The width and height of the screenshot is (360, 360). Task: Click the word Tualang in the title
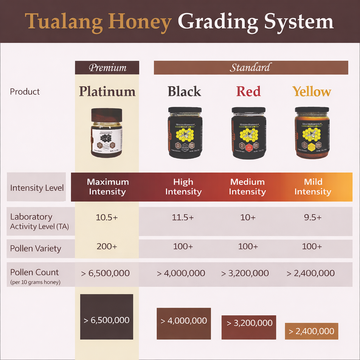pyautogui.click(x=64, y=22)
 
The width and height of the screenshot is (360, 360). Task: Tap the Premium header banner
pyautogui.click(x=107, y=67)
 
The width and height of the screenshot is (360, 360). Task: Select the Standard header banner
pyautogui.click(x=251, y=67)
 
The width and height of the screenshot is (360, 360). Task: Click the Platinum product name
pyautogui.click(x=107, y=91)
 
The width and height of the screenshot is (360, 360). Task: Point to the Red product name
pyautogui.click(x=248, y=91)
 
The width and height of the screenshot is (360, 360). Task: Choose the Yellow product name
pyautogui.click(x=312, y=91)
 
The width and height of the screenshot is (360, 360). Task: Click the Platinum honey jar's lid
pyautogui.click(x=107, y=115)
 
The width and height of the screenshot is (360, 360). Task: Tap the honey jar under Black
pyautogui.click(x=185, y=133)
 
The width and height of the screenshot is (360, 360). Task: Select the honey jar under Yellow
pyautogui.click(x=312, y=133)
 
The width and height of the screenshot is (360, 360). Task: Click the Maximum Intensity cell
pyautogui.click(x=108, y=187)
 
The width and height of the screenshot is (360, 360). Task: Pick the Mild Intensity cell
pyautogui.click(x=313, y=187)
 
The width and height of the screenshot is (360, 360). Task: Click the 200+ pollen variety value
pyautogui.click(x=107, y=246)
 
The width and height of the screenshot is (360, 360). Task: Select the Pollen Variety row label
pyautogui.click(x=36, y=249)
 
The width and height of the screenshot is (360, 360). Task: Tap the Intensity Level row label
pyautogui.click(x=37, y=188)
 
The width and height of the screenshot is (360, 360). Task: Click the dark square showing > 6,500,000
pyautogui.click(x=107, y=317)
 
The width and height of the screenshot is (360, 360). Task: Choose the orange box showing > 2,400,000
pyautogui.click(x=311, y=331)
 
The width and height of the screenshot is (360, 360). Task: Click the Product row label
pyautogui.click(x=25, y=92)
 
